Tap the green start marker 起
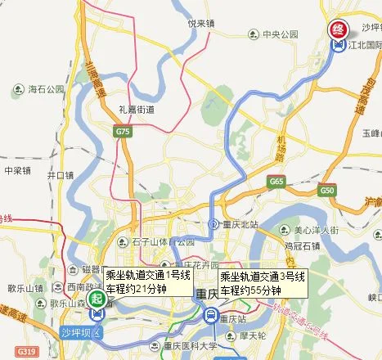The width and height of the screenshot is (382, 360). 98,298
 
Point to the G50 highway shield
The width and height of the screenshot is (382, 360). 328,190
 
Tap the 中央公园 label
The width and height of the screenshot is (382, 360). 277,34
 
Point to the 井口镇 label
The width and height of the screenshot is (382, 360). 60,175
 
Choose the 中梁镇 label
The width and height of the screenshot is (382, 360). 16,171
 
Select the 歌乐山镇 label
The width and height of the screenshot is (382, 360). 25,288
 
